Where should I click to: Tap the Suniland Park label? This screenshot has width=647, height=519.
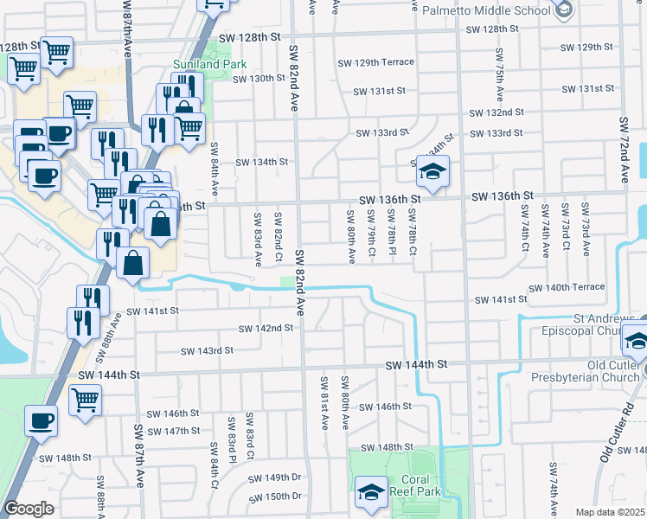(x=210, y=64)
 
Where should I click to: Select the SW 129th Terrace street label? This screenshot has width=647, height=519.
(x=371, y=63)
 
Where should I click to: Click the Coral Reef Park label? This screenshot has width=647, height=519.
(x=420, y=485)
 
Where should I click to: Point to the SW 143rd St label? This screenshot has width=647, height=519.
(x=207, y=350)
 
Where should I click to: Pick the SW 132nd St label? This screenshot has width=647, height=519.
(x=496, y=112)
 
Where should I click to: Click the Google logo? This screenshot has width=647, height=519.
(x=29, y=509)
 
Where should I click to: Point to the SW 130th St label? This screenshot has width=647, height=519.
(x=259, y=78)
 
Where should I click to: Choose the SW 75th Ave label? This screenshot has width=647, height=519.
(x=501, y=81)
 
